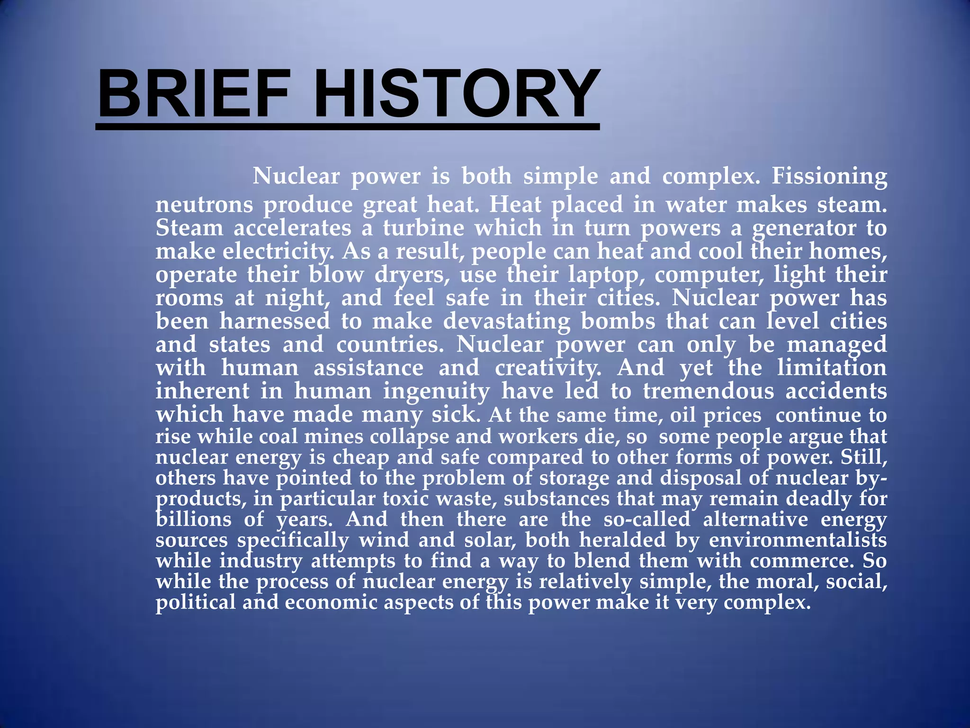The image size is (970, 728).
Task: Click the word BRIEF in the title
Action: point(194,93)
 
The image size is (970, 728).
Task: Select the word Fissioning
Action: point(829,177)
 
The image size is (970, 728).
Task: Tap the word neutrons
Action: point(204,205)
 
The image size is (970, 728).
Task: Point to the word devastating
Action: point(507,321)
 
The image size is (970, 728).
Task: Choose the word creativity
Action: point(548,368)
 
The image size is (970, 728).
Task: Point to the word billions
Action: point(193,519)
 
